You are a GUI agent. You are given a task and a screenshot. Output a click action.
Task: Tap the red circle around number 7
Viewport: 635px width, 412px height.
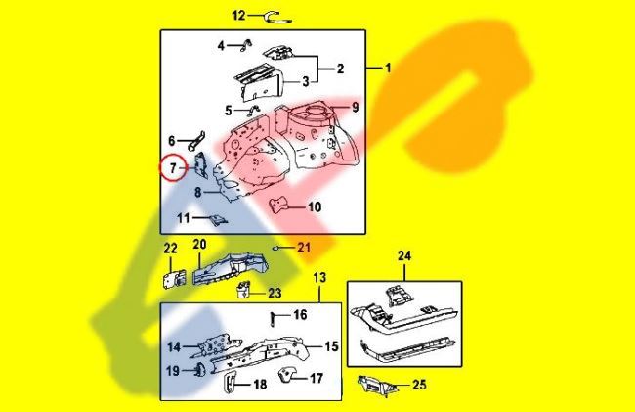coord(172,168)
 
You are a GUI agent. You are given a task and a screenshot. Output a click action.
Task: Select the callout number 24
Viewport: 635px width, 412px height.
coord(404,257)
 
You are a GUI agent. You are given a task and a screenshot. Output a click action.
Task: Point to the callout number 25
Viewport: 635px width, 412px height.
coord(419,385)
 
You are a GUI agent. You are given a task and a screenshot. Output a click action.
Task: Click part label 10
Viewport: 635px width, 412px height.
coord(314,206)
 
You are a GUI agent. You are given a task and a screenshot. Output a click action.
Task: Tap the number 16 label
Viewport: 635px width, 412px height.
coord(300,315)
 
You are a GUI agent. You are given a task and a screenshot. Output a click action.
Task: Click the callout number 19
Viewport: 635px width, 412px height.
coord(172,371)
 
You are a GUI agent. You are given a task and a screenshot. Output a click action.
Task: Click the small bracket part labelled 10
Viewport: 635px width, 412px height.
coord(282,205)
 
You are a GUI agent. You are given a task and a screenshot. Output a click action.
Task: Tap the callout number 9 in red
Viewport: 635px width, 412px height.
coord(356,107)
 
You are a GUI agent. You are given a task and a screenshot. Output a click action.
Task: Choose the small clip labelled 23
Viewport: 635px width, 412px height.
coord(243,289)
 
